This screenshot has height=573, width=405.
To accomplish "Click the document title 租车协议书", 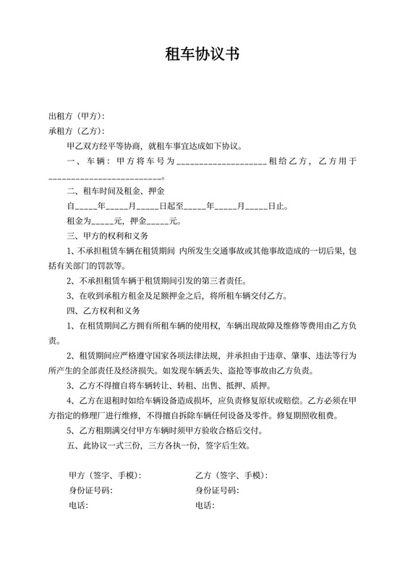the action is (202, 54).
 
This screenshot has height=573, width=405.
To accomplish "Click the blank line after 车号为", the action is (221, 161).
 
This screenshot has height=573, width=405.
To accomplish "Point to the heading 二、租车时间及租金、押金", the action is (116, 191).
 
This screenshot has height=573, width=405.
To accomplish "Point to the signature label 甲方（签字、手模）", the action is (105, 475).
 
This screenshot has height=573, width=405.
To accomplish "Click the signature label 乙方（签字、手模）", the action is (231, 475).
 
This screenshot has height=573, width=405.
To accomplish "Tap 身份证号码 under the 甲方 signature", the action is (90, 491).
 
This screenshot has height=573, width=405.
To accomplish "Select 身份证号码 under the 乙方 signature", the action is (217, 491).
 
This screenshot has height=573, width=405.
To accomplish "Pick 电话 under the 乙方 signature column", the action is (205, 506).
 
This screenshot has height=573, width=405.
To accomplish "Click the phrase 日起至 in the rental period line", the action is (171, 206).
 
